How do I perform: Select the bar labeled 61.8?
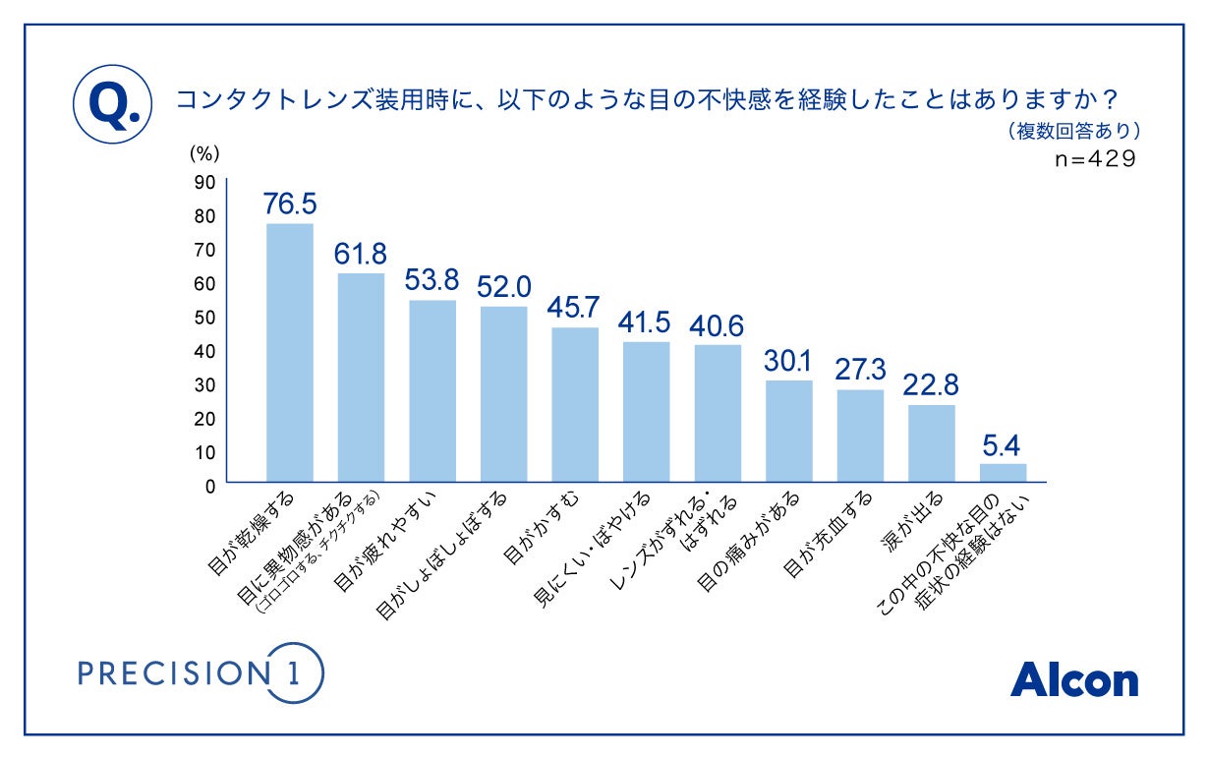[x=361, y=378]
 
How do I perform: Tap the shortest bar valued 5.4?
[x=1004, y=473]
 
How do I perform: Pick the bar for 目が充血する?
[x=860, y=436]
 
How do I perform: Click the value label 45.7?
[x=575, y=308]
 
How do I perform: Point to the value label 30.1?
[x=788, y=361]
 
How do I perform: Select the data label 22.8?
[x=932, y=384]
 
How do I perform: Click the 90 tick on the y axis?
[x=204, y=181]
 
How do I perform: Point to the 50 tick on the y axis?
[x=204, y=317]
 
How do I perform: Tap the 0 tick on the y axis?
[x=208, y=485]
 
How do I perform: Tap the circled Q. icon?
[x=112, y=103]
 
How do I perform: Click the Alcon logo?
[x=1073, y=679]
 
